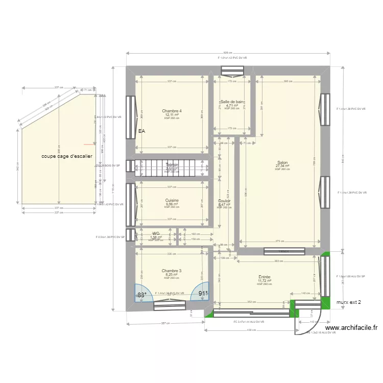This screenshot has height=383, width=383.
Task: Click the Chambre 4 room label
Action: tap(172, 111)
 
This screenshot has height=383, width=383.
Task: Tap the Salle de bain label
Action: tap(232, 102)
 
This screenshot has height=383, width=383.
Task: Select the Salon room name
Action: tap(282, 162)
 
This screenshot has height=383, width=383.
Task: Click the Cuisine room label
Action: tap(172, 200)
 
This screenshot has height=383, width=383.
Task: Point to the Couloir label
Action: tap(224, 201)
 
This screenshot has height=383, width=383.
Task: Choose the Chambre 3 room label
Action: tap(172, 271)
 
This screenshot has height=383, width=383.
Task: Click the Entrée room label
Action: tap(264, 277)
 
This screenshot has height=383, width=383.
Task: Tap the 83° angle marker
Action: tap(142, 295)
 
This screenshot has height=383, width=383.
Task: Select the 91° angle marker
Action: tap(203, 294)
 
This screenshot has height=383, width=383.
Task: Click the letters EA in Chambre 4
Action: tap(141, 131)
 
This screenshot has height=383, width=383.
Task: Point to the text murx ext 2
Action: tap(348, 302)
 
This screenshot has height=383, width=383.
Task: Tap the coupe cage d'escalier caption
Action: tap(67, 156)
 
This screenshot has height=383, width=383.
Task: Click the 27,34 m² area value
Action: tap(282, 166)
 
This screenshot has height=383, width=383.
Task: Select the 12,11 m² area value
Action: tap(172, 115)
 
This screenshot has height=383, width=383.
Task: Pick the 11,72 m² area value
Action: tap(264, 280)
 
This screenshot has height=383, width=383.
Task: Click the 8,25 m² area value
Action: tap(172, 275)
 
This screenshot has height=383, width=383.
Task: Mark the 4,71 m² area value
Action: tap(232, 106)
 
